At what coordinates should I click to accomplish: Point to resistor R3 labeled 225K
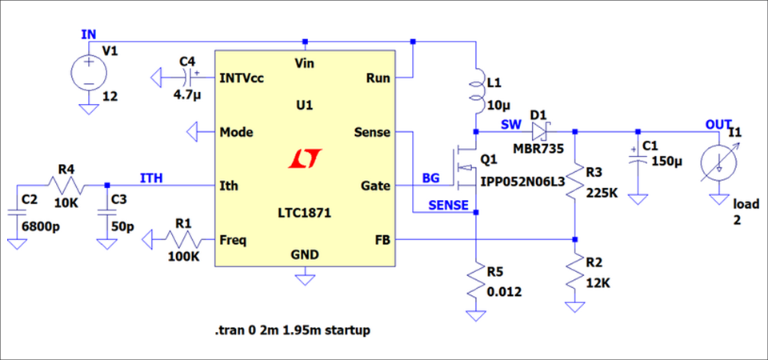point(576,185)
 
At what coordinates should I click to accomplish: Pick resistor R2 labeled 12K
point(576,270)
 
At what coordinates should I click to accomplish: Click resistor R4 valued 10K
point(66,186)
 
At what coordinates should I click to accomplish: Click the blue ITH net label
point(153,178)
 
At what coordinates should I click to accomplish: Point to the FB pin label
point(381,239)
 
